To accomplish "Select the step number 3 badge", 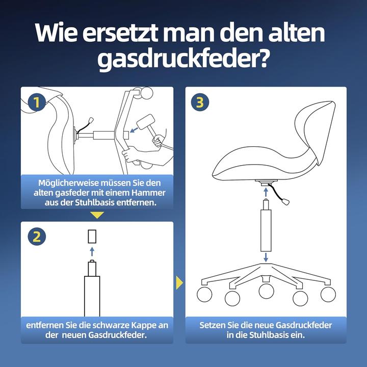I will tap(200, 102).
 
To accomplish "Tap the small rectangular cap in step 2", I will tap(92, 237).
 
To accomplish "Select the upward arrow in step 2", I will tap(92, 251).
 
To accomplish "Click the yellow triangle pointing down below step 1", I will tap(97, 215).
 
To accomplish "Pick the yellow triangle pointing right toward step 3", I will tap(179, 282).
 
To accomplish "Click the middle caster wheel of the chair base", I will tap(266, 291).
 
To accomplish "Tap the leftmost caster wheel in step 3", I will tap(203, 294).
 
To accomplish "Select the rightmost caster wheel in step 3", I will tap(328, 294).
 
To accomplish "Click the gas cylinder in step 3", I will tap(266, 232).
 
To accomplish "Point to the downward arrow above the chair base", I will tap(266, 257).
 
